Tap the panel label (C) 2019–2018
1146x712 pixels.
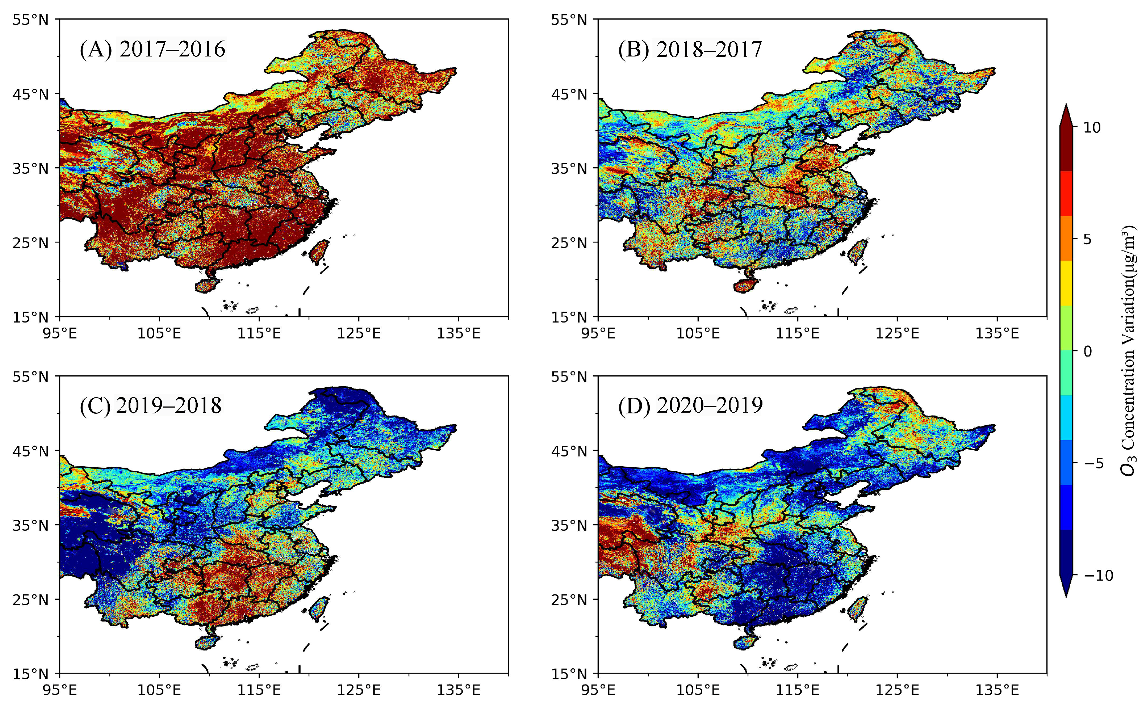pos(150,406)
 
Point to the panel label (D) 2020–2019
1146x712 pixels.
pos(690,406)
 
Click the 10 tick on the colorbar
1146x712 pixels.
pos(1092,127)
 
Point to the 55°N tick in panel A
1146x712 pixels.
pos(30,20)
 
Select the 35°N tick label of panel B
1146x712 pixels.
pos(569,168)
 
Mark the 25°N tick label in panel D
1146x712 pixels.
pos(569,600)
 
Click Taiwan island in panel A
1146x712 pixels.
pos(319,251)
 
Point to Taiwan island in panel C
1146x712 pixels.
pos(319,608)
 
